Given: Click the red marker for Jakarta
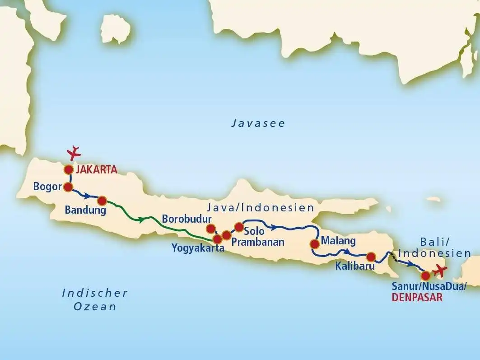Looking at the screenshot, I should (x=69, y=170).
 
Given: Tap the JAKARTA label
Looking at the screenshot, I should (x=97, y=170).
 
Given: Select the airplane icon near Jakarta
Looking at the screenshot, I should (x=74, y=153).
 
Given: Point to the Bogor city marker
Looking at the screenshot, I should (x=68, y=187).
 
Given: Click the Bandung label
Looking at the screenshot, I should (x=85, y=210).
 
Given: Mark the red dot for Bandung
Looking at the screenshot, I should (x=102, y=201).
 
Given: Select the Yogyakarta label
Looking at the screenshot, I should (x=198, y=248).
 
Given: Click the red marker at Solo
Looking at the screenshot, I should (x=239, y=226).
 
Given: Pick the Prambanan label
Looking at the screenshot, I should (x=258, y=242).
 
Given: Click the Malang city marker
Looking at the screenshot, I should (x=315, y=244).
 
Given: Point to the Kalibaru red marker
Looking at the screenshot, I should (x=371, y=257).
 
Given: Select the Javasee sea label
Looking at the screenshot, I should (x=258, y=123).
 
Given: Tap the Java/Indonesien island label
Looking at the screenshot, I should (x=260, y=208).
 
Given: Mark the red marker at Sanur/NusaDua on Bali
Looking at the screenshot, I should (x=425, y=275).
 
